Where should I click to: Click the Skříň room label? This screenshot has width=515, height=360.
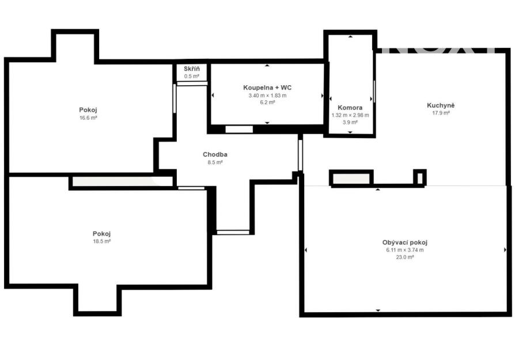coord(192,69)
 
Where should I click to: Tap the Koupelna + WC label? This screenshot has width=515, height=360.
coord(267,88)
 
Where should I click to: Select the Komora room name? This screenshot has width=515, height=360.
coord(350,107)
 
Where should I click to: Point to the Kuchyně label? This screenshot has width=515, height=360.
coord(441,105)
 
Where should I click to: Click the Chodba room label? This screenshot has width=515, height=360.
coord(215,154)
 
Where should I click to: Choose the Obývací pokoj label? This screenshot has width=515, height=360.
coord(404,242)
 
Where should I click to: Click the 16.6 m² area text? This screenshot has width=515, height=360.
coord(88,118)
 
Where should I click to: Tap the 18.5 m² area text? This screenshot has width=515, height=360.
coord(102,241)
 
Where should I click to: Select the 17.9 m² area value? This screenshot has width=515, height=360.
coord(441,113)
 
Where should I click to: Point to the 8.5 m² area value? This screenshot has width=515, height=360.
coord(215,162)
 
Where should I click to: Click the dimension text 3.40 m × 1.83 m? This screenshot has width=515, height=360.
coord(267,96)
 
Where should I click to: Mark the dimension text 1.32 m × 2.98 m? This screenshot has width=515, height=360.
coord(350,115)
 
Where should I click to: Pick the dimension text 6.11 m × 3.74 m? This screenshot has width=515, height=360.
coord(404,250)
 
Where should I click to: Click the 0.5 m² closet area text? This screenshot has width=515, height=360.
coord(192,77)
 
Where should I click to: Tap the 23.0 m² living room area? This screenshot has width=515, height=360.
coord(404,257)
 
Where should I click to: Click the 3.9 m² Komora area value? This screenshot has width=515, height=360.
coord(350,123)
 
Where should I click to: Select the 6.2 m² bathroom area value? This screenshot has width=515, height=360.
coord(267,103)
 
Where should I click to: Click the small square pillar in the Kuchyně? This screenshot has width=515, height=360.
coord(420,178)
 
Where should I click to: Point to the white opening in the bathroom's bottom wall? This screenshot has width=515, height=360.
coord(239,129)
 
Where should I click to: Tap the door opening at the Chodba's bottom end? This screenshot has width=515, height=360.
coord(233,233)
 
